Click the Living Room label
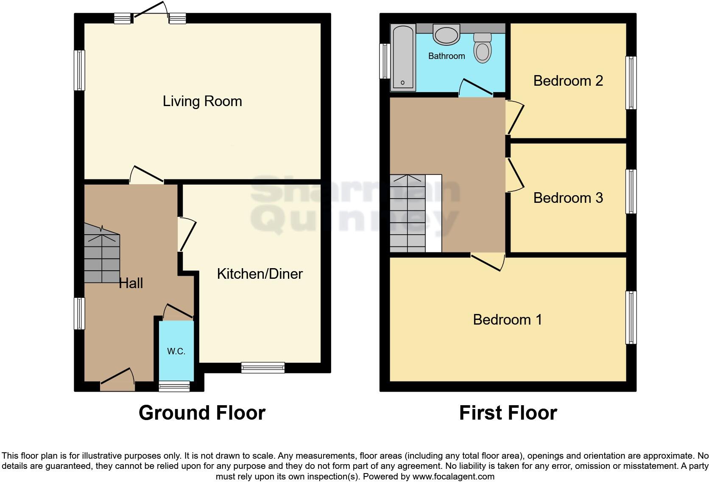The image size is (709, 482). (x=202, y=101)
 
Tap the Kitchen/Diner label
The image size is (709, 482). (x=260, y=274)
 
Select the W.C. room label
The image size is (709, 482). (x=176, y=351)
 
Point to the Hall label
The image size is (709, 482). (x=131, y=283)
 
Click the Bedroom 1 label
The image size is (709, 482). (x=508, y=319)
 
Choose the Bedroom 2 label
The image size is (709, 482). (x=568, y=81)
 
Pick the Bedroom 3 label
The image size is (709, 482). (x=568, y=198)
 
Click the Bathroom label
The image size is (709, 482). (x=447, y=56)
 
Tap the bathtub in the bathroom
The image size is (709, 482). (x=403, y=58)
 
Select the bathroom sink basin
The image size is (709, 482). (x=446, y=34)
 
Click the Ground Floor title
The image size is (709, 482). (x=202, y=413)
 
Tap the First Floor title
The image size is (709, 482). (x=508, y=413)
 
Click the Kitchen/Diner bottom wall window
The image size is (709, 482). (x=263, y=367)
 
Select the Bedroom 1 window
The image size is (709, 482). (x=631, y=317)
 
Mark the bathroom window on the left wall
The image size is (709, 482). (x=385, y=61)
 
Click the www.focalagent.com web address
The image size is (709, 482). (x=453, y=476)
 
